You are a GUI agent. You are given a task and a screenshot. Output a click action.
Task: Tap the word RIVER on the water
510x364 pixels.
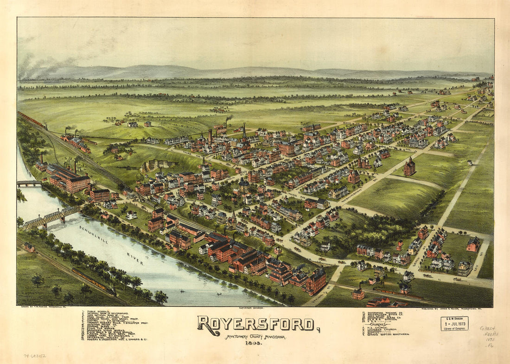(x=135, y=259)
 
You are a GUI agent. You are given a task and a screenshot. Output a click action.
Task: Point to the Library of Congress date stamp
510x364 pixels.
(x=454, y=323)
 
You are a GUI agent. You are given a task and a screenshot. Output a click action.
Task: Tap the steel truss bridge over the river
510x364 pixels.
(x=51, y=217)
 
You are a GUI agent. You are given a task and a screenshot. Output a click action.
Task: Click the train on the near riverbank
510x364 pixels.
(x=93, y=281)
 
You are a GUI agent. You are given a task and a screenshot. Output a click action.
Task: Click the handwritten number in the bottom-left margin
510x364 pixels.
(x=35, y=356)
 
